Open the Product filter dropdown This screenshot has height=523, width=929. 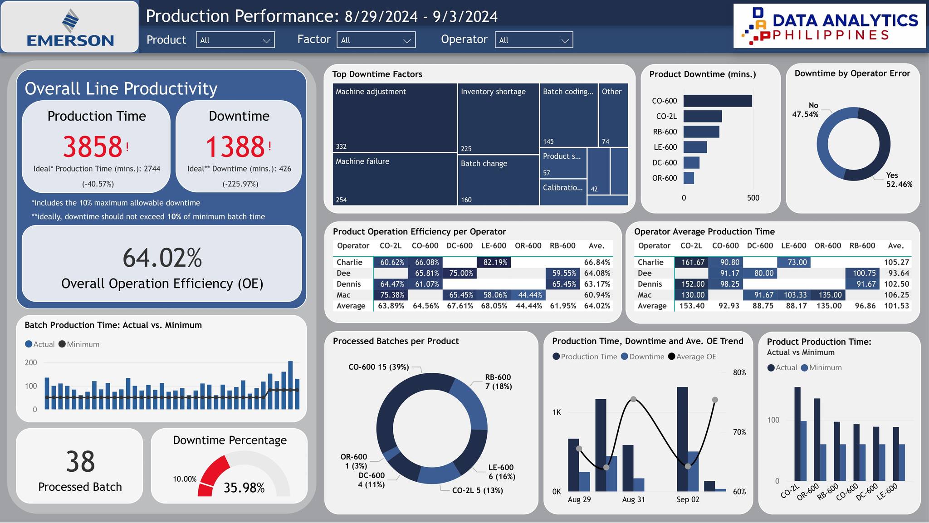[235, 40]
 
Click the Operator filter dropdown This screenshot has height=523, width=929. [533, 40]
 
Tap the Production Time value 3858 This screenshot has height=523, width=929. [93, 147]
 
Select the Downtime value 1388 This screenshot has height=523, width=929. [235, 147]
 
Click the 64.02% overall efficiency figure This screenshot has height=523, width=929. [162, 258]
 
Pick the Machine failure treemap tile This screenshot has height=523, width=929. [394, 179]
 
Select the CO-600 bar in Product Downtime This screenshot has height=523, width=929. [717, 101]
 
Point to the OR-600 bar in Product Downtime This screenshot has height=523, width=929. [689, 178]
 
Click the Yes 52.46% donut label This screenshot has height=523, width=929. [898, 180]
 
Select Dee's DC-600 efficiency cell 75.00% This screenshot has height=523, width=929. [460, 273]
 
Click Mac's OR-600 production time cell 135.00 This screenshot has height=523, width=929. [829, 295]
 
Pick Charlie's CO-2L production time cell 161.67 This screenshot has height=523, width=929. [692, 262]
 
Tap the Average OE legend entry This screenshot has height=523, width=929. [695, 357]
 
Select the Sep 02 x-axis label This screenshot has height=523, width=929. [688, 499]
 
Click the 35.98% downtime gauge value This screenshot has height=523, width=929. [244, 488]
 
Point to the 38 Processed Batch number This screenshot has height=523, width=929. [80, 462]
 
